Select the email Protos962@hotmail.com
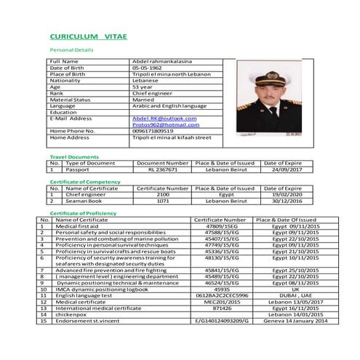point(161,124)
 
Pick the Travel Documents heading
point(73,156)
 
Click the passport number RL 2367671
point(163,169)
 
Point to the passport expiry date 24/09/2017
point(281,169)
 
